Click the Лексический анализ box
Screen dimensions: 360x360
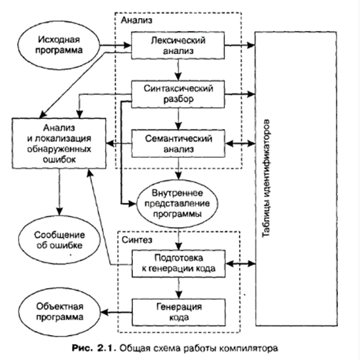tap(178, 46)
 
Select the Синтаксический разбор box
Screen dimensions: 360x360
tap(178, 94)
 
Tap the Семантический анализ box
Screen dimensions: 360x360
tap(178, 143)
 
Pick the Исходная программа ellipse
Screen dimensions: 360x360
tap(59, 45)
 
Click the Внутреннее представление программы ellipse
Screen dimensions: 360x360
tap(177, 204)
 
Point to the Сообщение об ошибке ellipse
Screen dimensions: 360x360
tap(60, 240)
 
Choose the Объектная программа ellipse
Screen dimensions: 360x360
tap(60, 312)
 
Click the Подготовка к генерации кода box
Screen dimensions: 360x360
tap(179, 264)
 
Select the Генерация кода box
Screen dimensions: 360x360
tap(179, 312)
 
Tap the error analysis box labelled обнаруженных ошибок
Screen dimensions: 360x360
tap(59, 143)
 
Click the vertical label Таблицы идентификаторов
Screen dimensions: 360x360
tap(266, 178)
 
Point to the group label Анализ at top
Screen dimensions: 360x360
tap(136, 20)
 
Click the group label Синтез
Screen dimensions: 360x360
tap(137, 240)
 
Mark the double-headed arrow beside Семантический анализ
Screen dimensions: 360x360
tap(240, 143)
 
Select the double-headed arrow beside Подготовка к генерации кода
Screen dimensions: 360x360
tap(240, 263)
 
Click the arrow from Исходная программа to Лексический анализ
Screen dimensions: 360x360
tap(116, 45)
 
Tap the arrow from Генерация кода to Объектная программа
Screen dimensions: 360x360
tap(116, 312)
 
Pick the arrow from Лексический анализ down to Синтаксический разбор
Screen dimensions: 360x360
tap(178, 70)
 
